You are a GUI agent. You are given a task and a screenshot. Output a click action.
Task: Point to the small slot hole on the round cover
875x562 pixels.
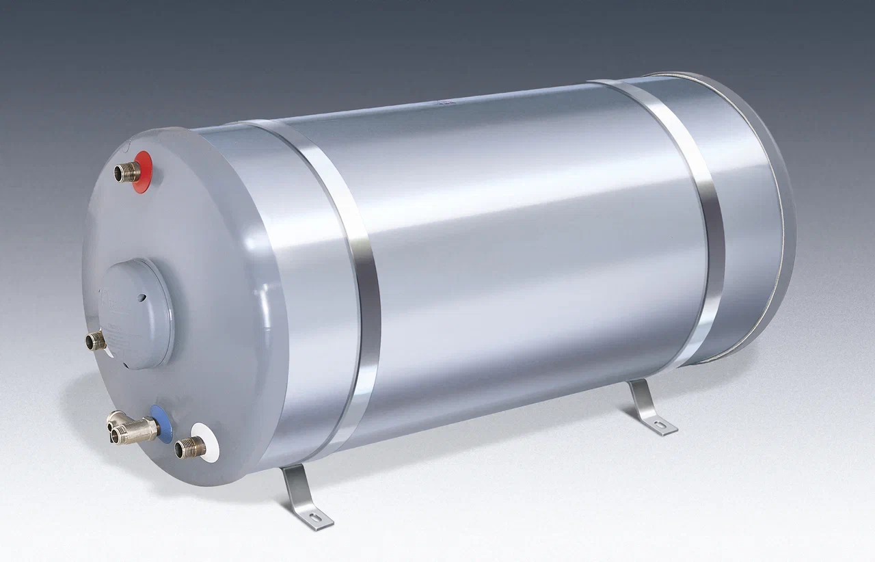[x=142, y=298]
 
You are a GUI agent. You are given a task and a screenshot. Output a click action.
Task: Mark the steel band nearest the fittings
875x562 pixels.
[x=342, y=273]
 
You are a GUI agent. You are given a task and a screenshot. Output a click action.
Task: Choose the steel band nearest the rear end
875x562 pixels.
[x=690, y=219]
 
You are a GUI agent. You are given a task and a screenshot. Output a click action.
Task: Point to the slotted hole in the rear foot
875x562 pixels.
[x=662, y=426]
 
